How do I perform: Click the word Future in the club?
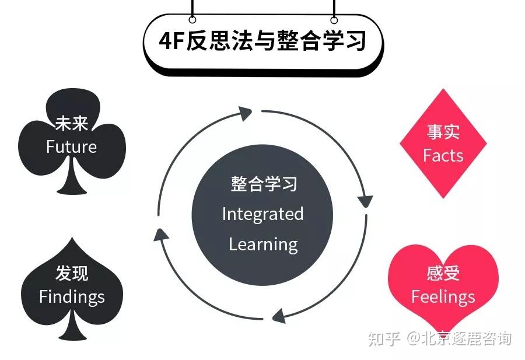tap(72, 146)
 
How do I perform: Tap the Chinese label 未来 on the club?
tap(72, 124)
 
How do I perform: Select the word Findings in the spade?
tap(72, 296)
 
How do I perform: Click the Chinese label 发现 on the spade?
tap(72, 274)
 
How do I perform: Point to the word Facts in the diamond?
tap(443, 155)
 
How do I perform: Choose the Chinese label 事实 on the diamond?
tap(443, 132)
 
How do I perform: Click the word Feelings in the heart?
tap(443, 296)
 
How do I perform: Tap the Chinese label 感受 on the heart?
tap(443, 273)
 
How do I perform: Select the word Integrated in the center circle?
tap(262, 214)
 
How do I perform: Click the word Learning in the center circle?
tap(263, 244)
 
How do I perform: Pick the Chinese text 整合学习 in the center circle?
tap(263, 184)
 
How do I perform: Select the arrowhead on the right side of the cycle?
tap(365, 200)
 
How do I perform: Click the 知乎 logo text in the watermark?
tap(384, 338)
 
